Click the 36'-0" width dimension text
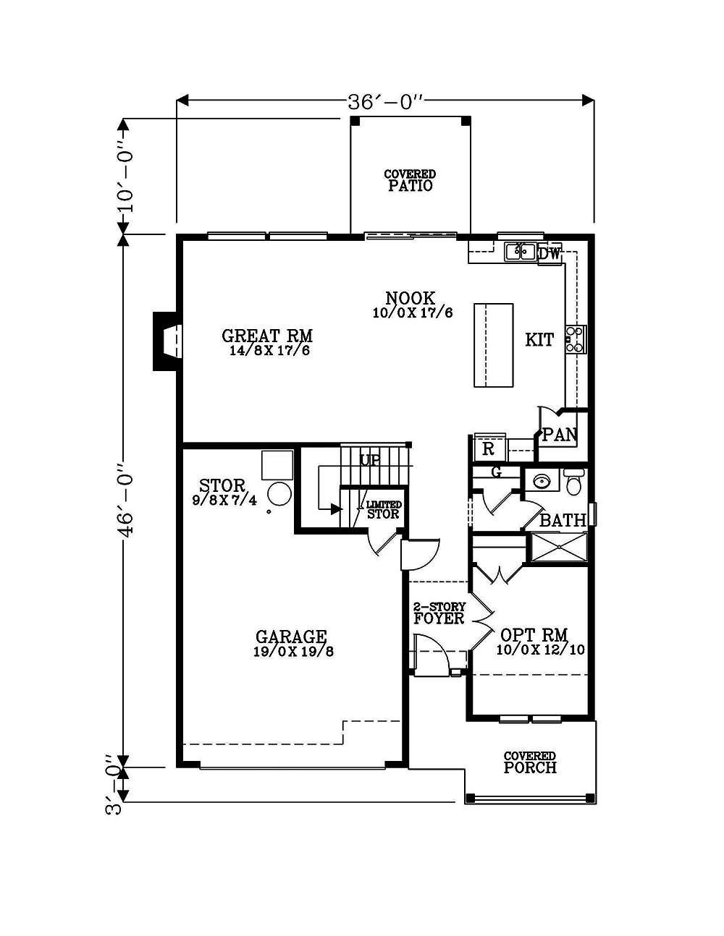point(384,101)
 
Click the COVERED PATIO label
point(410,180)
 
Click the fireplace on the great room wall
point(167,341)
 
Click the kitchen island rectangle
point(494,345)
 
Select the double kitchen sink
point(520,252)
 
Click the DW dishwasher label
point(550,253)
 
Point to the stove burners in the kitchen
point(576,339)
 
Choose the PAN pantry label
point(559,435)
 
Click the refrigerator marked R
point(489,449)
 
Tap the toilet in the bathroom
point(574,482)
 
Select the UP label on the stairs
point(371,460)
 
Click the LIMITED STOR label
point(383,510)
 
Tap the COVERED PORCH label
point(530,762)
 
